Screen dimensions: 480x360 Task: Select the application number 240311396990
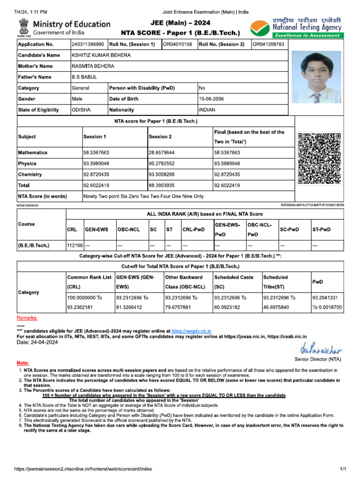click(x=88, y=45)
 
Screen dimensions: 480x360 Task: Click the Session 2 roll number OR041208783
click(x=269, y=45)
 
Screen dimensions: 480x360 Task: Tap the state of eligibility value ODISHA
click(x=81, y=110)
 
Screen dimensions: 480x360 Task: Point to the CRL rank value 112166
click(x=75, y=245)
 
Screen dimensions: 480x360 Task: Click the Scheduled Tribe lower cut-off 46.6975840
click(x=279, y=307)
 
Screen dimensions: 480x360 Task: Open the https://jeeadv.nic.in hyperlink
click(x=191, y=331)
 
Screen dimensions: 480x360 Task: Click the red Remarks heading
click(x=27, y=318)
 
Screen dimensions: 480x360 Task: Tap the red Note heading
click(x=22, y=363)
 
